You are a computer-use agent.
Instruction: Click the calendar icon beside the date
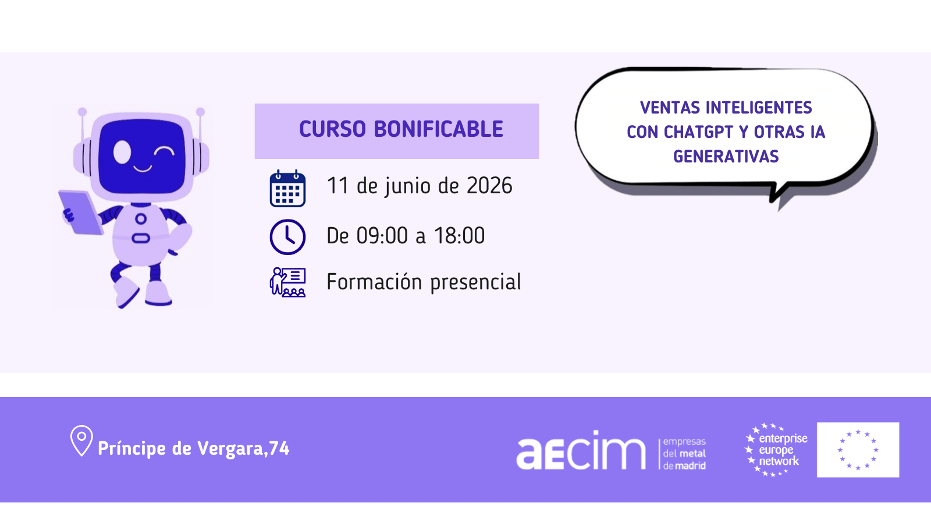tap(287, 189)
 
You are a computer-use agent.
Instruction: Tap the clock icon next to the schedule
tap(287, 236)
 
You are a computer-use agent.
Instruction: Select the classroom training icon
tap(287, 282)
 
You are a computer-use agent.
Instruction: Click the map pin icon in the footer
tap(81, 440)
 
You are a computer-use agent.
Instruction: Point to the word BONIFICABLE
tap(439, 129)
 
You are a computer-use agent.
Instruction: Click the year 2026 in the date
tap(489, 186)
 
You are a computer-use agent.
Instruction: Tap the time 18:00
tap(459, 235)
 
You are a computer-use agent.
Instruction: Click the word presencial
tap(475, 283)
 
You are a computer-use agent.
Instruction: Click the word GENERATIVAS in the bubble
tap(726, 157)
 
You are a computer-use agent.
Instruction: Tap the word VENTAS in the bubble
tap(670, 108)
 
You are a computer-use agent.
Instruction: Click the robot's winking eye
tap(164, 151)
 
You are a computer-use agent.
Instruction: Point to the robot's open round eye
tap(122, 152)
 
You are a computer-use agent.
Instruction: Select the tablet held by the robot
tap(81, 213)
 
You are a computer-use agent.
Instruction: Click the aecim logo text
tap(581, 450)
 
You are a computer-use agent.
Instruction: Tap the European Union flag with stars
tap(858, 449)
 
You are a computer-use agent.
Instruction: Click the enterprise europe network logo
tap(776, 449)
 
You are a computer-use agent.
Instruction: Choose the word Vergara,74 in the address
tap(243, 449)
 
